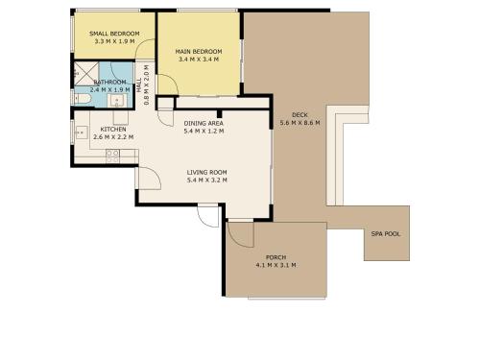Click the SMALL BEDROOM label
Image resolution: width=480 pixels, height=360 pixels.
pyautogui.click(x=114, y=34)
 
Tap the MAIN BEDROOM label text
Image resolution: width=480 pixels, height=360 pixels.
pyautogui.click(x=199, y=52)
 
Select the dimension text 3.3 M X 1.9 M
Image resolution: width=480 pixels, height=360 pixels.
pyautogui.click(x=114, y=41)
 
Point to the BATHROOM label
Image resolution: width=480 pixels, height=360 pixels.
pyautogui.click(x=109, y=83)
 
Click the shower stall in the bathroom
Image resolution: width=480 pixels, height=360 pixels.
pyautogui.click(x=86, y=74)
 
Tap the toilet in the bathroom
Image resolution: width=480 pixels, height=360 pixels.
pyautogui.click(x=82, y=99)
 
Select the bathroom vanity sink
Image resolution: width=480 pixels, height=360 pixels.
pyautogui.click(x=117, y=101)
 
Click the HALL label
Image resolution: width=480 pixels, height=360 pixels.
pyautogui.click(x=139, y=85)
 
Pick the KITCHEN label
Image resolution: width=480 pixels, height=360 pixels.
pyautogui.click(x=113, y=130)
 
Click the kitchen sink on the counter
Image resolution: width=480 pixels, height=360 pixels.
pyautogui.click(x=82, y=132)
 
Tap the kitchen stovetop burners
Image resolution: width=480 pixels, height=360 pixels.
pyautogui.click(x=112, y=156)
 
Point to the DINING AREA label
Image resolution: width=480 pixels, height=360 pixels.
pyautogui.click(x=204, y=123)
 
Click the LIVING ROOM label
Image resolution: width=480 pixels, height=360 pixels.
pyautogui.click(x=207, y=173)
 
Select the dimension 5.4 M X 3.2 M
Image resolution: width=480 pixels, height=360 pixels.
pyautogui.click(x=207, y=180)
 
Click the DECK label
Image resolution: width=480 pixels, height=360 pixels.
pyautogui.click(x=300, y=115)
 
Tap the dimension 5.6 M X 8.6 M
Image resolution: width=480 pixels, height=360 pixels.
pyautogui.click(x=300, y=123)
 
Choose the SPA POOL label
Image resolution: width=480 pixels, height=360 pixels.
pyautogui.click(x=386, y=234)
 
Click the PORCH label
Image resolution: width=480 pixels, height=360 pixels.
pyautogui.click(x=276, y=257)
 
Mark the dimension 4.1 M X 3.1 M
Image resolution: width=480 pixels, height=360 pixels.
pyautogui.click(x=276, y=265)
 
